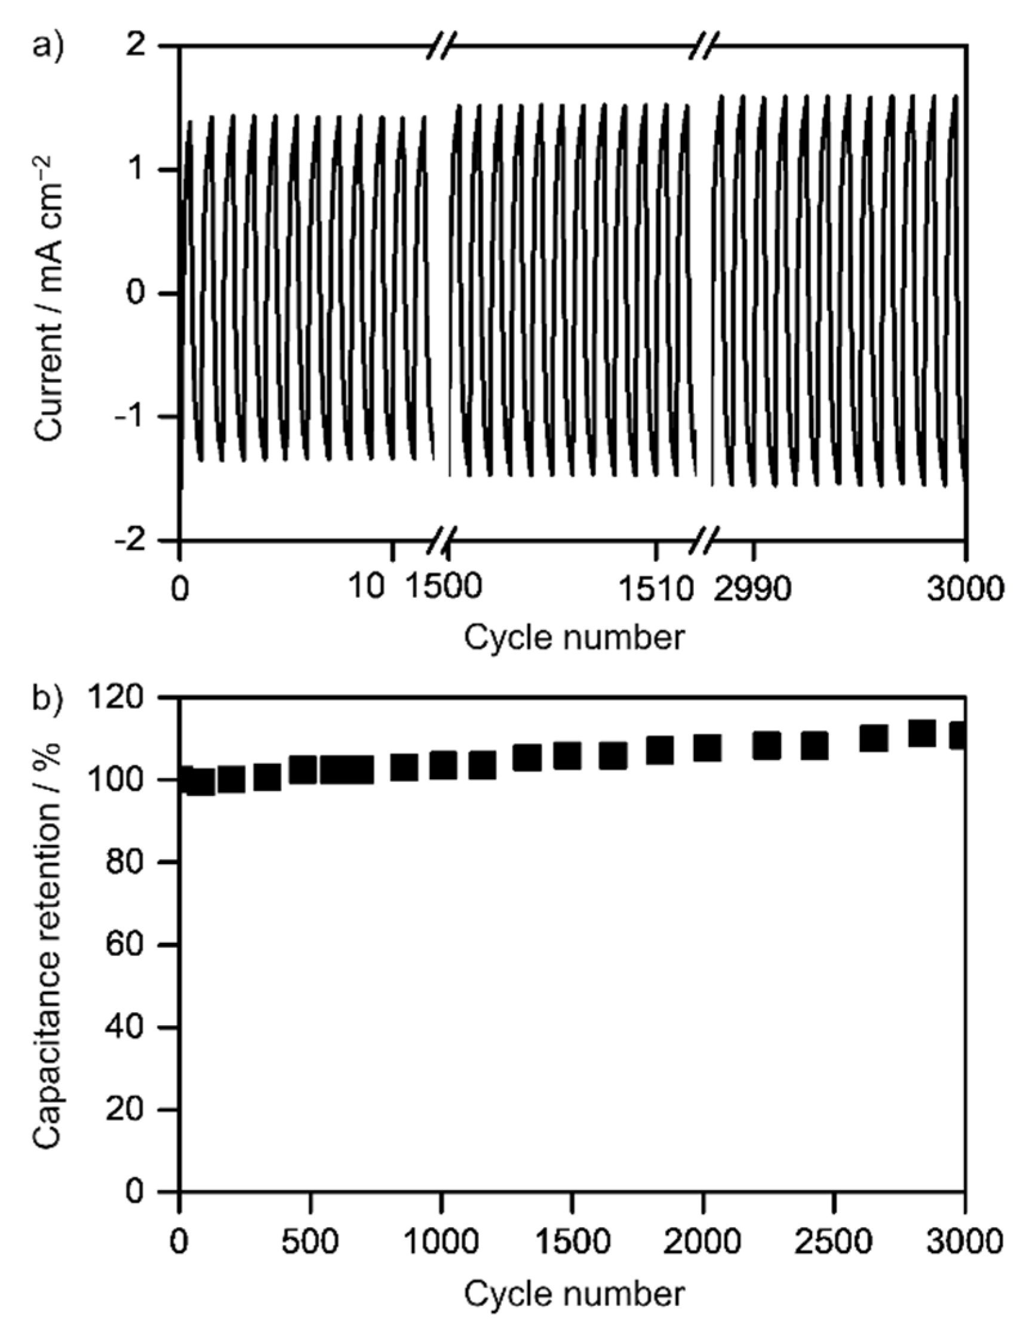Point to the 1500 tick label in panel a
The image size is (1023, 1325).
coord(443,588)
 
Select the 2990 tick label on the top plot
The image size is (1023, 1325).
coord(752,588)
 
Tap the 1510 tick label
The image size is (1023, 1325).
coord(655,588)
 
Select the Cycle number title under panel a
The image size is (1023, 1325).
coord(574,638)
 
